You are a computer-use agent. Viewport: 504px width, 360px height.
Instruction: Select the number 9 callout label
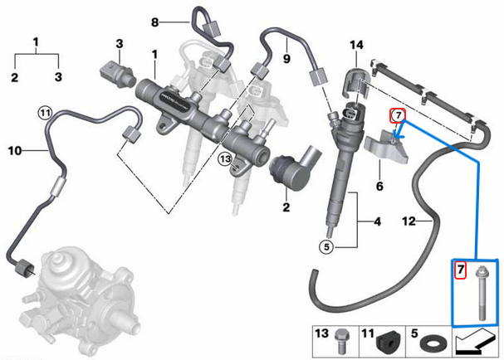tap(287, 60)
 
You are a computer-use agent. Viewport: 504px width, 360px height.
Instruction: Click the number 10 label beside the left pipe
tap(14, 150)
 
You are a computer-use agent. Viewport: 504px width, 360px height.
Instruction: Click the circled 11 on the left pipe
tap(44, 111)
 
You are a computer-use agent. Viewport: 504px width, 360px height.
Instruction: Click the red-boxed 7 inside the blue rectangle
tap(460, 270)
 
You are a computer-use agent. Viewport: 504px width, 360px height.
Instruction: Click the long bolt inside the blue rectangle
tap(481, 290)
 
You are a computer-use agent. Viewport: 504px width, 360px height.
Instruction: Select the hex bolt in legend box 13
tap(340, 340)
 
